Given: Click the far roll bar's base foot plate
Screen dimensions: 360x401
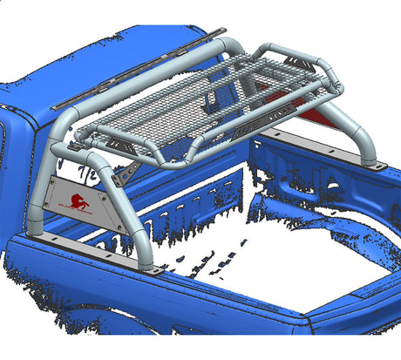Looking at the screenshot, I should [x=376, y=165].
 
